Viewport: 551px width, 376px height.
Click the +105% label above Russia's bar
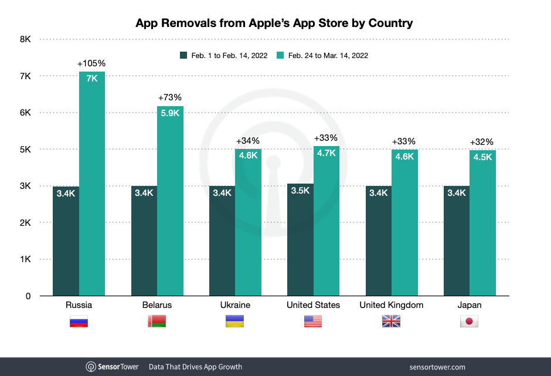click(91, 63)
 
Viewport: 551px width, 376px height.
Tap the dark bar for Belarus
click(144, 240)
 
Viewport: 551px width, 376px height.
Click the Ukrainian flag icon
click(235, 321)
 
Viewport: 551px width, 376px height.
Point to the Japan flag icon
click(470, 321)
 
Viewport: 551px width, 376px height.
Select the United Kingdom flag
click(391, 321)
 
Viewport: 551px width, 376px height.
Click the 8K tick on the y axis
click(25, 39)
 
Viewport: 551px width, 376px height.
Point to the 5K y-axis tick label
click(25, 150)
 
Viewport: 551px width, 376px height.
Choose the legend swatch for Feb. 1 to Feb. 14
click(183, 56)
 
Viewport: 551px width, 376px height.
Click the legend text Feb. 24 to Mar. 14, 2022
click(327, 56)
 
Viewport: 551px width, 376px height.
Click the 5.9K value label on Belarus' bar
click(170, 113)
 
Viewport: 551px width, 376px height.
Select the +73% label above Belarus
click(170, 97)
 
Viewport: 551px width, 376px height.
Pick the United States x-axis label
click(313, 305)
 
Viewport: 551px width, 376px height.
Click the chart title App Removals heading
click(274, 23)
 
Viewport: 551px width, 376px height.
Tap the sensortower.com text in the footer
click(437, 367)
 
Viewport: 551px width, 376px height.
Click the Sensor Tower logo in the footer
click(113, 367)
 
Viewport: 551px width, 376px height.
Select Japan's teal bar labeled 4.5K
click(482, 223)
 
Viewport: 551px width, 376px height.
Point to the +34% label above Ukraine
click(247, 141)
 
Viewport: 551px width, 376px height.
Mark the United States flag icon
click(313, 321)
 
